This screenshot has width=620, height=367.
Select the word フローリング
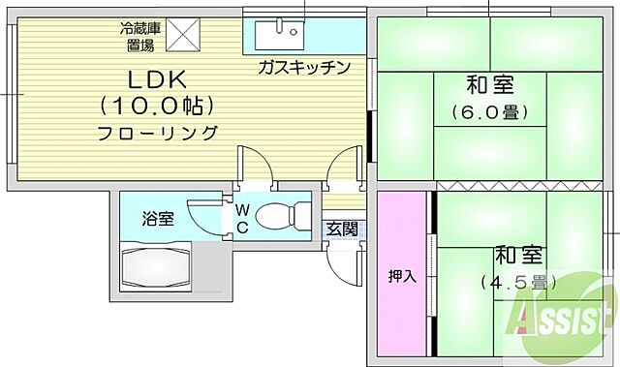coord(157,133)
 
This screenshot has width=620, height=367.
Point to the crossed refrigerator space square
coord(181,35)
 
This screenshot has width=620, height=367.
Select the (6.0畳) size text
coord(489,113)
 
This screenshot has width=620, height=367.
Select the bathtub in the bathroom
coord(157,266)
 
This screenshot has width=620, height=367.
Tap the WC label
coord(241,219)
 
